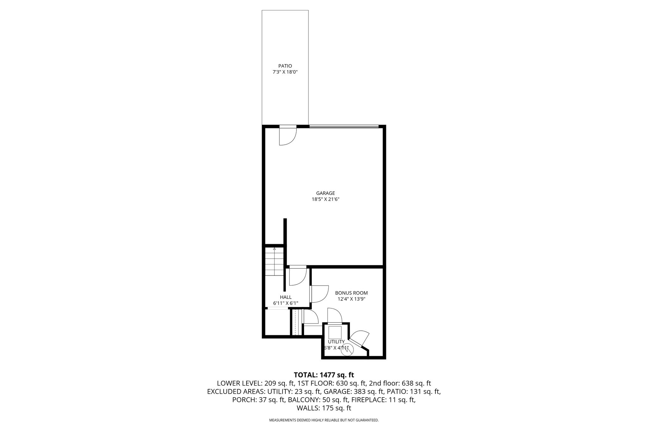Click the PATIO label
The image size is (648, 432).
click(x=285, y=66)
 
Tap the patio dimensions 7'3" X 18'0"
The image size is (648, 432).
click(x=285, y=72)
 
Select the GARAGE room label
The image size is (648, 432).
click(x=325, y=193)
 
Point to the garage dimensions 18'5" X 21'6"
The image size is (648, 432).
click(x=325, y=199)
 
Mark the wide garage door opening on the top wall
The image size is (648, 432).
click(x=344, y=127)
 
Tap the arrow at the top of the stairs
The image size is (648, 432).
click(x=274, y=249)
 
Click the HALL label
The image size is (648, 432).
click(x=286, y=297)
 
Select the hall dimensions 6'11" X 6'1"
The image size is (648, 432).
click(x=286, y=303)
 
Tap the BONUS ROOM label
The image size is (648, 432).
click(x=352, y=293)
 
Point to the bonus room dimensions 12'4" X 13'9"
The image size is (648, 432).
click(x=352, y=299)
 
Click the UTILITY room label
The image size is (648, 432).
click(x=336, y=342)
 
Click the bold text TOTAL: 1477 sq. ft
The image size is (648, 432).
click(x=324, y=375)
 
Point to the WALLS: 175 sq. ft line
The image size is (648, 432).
click(x=324, y=408)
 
